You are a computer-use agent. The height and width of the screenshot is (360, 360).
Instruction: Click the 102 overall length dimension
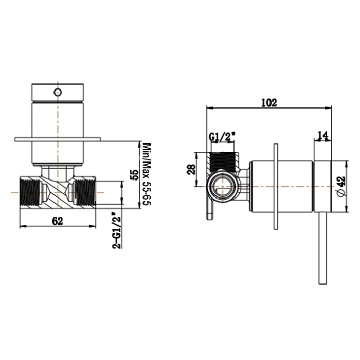click(268, 102)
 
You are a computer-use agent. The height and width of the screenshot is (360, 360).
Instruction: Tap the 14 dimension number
click(322, 135)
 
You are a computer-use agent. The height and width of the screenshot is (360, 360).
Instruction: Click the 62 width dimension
click(57, 221)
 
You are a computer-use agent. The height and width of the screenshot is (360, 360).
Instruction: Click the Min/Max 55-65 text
click(146, 175)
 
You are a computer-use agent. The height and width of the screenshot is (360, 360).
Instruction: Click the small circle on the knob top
click(58, 92)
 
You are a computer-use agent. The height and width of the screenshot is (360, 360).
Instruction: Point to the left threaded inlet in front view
click(31, 192)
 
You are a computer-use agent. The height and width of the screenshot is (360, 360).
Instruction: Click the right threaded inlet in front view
click(85, 192)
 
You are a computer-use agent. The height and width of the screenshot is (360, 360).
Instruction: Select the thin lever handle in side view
click(322, 247)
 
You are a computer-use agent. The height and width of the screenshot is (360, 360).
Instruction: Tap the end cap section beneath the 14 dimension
click(322, 186)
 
